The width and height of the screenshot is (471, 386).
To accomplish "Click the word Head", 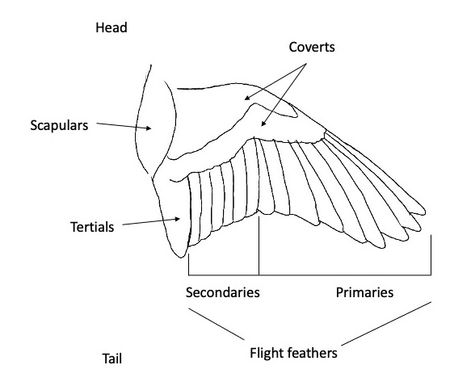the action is (x=111, y=27).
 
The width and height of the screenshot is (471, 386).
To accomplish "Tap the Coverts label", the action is (x=312, y=47).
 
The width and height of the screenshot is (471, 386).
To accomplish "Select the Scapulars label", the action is (x=59, y=125).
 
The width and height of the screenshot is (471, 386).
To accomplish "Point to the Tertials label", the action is (x=92, y=227).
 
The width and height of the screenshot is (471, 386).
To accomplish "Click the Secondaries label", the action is (x=223, y=292).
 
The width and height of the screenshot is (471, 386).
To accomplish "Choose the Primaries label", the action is (x=364, y=292).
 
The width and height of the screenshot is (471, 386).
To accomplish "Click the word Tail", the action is (x=112, y=359).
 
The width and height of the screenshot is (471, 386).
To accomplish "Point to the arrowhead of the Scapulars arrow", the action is (x=149, y=128).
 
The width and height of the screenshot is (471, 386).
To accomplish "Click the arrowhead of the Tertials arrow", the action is (x=178, y=219).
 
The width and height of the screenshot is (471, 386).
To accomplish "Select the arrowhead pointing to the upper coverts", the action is (x=247, y=98).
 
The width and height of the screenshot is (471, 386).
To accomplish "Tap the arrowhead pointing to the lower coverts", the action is (x=263, y=124).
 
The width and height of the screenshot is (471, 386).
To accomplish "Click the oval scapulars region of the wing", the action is (x=155, y=126).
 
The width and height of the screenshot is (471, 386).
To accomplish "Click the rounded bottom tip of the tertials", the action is (x=181, y=257).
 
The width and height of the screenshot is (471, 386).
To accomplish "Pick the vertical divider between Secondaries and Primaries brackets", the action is (x=259, y=245).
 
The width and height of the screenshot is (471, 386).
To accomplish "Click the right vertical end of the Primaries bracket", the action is (x=431, y=255).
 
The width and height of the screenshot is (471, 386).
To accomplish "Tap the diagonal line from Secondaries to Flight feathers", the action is (x=217, y=324).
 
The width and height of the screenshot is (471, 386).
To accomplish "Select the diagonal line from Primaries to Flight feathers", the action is (x=386, y=324).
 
